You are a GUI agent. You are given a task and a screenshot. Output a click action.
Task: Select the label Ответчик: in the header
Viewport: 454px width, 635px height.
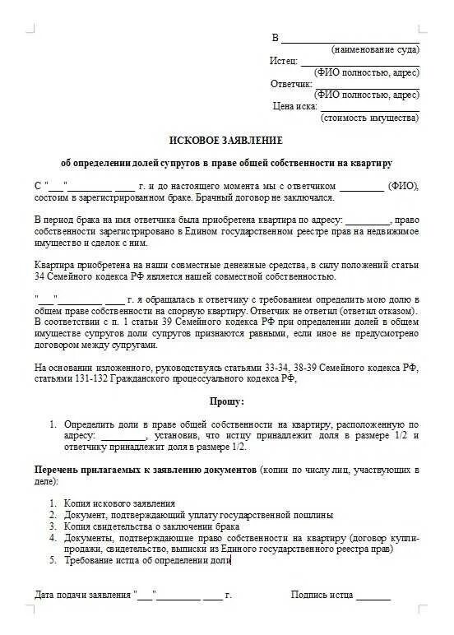click(x=291, y=84)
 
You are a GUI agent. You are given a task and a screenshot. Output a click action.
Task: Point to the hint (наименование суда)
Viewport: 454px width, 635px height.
click(x=375, y=49)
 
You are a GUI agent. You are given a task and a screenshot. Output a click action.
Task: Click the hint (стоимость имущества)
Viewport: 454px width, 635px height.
click(x=369, y=118)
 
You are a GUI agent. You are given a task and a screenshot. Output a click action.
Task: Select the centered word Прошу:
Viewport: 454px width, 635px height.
click(x=226, y=401)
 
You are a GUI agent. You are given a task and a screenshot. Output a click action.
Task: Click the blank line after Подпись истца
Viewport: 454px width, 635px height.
click(x=373, y=594)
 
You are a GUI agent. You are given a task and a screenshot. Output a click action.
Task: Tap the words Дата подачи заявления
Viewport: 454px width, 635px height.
click(x=82, y=594)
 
